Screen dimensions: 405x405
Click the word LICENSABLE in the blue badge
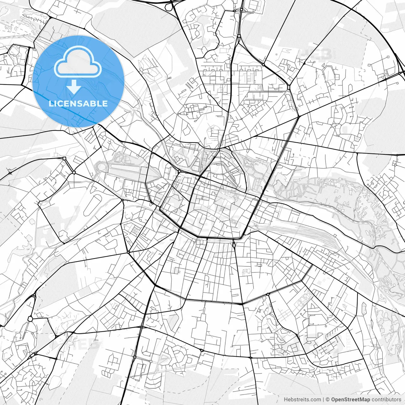pyautogui.click(x=78, y=103)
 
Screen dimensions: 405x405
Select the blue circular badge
pyautogui.click(x=78, y=81)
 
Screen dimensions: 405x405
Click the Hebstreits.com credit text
pyautogui.click(x=302, y=400)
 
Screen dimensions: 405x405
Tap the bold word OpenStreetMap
pyautogui.click(x=351, y=400)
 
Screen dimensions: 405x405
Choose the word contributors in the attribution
pyautogui.click(x=386, y=400)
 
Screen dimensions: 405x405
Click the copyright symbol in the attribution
pyautogui.click(x=328, y=400)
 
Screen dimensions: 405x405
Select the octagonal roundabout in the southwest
pyautogui.click(x=30, y=319)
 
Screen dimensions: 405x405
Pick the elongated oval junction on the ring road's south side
pyautogui.click(x=234, y=244)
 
